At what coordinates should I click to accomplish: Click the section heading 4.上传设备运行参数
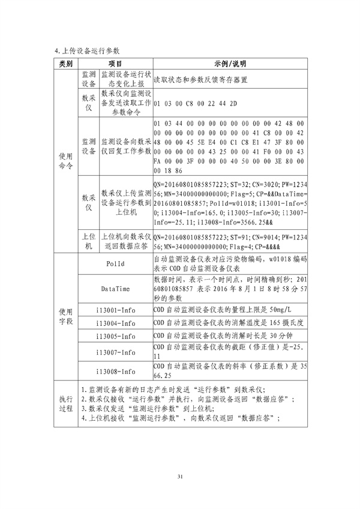pos(88,50)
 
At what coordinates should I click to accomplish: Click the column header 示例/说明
pos(230,64)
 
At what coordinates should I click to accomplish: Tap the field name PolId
pos(115,264)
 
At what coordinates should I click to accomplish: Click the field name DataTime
pos(115,289)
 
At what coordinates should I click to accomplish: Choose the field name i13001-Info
pos(115,309)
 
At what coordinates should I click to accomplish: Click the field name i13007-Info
pos(115,352)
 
